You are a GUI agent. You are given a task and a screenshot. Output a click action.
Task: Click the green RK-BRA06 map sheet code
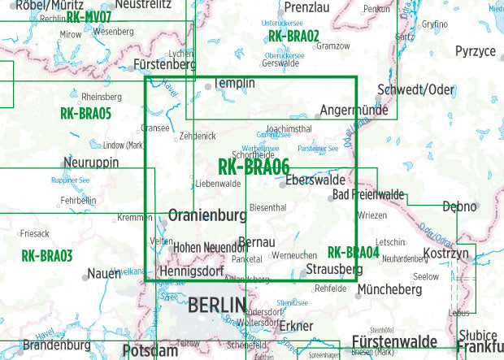(x=254, y=167)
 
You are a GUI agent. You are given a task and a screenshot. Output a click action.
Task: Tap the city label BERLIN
(x=216, y=306)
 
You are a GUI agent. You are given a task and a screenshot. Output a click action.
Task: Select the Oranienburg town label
(x=206, y=216)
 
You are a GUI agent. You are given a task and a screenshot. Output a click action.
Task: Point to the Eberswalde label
(x=315, y=180)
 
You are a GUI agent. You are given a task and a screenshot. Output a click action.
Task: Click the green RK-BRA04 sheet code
(x=353, y=253)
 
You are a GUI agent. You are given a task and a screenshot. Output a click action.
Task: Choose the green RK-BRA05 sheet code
(x=85, y=114)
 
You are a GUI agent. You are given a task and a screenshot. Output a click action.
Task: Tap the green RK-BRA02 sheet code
(x=293, y=37)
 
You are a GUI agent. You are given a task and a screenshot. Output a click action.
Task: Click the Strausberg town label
(x=334, y=269)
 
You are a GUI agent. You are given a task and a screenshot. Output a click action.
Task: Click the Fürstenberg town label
(x=165, y=64)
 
